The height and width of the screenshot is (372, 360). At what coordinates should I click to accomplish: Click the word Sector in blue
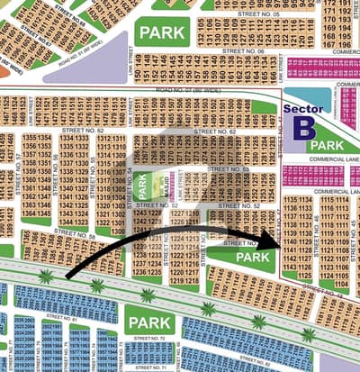pyautogui.click(x=302, y=110)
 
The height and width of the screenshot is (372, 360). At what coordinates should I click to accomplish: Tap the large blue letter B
pyautogui.click(x=301, y=127)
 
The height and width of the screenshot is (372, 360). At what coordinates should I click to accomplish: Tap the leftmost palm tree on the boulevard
pyautogui.click(x=46, y=277)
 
